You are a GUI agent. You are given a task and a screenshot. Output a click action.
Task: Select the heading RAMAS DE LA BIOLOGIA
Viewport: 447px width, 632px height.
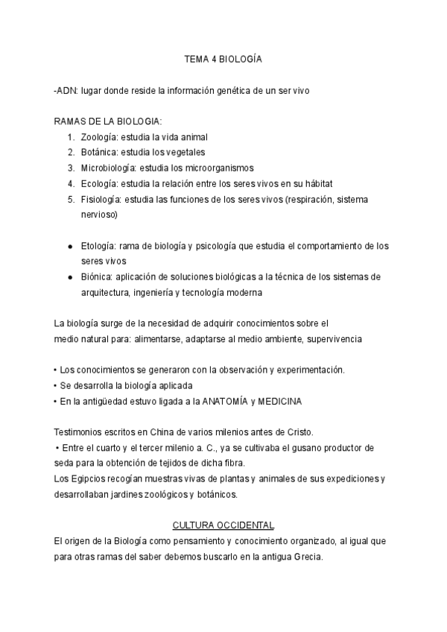click(108, 121)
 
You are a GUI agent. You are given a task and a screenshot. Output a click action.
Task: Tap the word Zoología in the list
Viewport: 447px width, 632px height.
click(99, 137)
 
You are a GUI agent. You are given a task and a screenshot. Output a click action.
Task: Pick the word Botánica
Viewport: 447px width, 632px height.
click(99, 152)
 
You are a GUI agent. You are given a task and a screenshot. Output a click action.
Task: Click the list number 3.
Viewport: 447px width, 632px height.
click(71, 168)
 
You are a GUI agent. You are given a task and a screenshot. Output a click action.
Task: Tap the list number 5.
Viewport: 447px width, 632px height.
click(71, 199)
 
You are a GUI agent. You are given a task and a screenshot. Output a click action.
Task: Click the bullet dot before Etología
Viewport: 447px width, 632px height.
click(70, 246)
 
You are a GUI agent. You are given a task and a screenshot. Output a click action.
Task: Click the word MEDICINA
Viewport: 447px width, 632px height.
click(280, 402)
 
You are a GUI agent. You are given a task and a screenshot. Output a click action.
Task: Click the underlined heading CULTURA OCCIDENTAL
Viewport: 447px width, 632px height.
click(223, 525)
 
